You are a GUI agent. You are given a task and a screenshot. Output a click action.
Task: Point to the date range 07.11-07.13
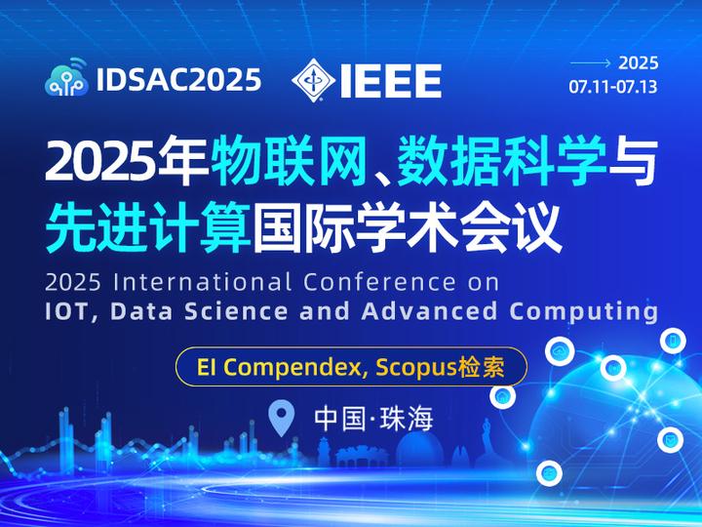tap(613, 87)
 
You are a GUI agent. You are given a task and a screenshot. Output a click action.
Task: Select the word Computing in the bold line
tap(584, 311)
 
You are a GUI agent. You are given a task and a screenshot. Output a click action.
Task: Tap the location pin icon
tap(282, 418)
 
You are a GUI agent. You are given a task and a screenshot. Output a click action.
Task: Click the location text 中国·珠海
tap(372, 419)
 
